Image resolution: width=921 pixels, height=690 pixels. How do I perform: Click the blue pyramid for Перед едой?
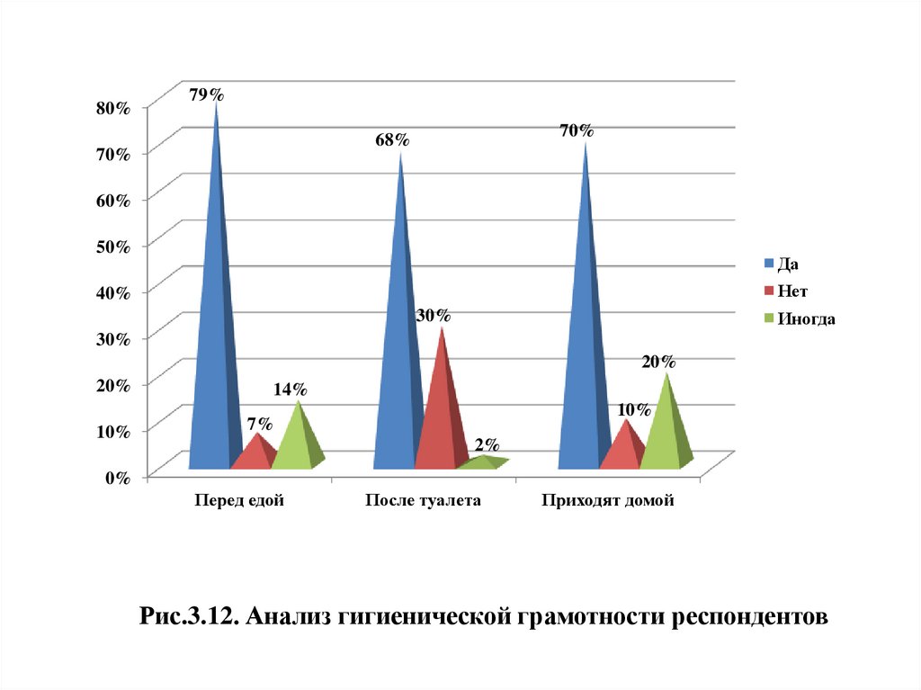point(213,360)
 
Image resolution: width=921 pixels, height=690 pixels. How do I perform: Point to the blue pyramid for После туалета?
point(398,360)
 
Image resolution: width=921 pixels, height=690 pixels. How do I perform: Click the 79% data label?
point(206,94)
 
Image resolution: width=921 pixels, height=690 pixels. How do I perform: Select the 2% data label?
point(487,445)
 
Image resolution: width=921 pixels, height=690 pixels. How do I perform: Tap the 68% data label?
point(392,139)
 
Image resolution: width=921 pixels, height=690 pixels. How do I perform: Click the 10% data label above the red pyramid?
point(633,410)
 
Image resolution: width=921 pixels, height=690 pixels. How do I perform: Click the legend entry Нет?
point(792,291)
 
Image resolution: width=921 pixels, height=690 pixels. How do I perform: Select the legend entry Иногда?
point(806,318)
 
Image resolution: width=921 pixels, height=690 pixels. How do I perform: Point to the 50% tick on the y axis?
point(113,246)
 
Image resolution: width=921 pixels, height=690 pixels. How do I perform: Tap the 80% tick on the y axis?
point(113,107)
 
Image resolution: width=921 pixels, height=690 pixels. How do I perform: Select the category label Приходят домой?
point(607,501)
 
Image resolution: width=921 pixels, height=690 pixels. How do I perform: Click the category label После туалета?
point(423,501)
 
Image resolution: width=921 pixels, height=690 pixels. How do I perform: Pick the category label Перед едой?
point(239,501)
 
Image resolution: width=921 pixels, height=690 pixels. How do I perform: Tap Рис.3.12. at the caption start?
point(190,618)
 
